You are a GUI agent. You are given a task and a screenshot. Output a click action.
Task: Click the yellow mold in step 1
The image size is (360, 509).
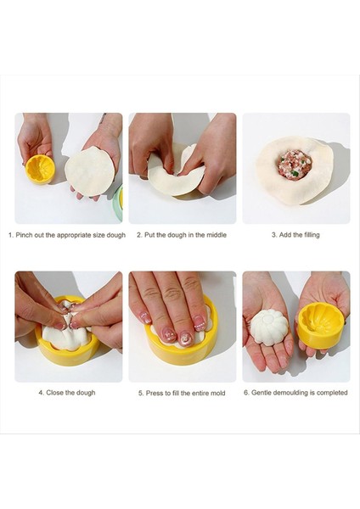pyautogui.click(x=40, y=170)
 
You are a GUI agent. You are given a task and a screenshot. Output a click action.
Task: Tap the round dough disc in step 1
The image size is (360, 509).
pyautogui.click(x=90, y=171)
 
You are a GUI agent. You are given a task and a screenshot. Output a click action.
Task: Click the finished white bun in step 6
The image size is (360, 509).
pyautogui.click(x=269, y=327)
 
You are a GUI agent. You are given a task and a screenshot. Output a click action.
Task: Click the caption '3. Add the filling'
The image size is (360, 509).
pyautogui.click(x=295, y=235)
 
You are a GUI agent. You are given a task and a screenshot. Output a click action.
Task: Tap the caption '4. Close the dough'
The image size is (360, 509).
pyautogui.click(x=67, y=393)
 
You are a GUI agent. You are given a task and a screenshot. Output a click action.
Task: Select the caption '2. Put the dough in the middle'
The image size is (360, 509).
pyautogui.click(x=182, y=235)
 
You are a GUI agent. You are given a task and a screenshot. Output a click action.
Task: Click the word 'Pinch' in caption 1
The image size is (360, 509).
pyautogui.click(x=24, y=235)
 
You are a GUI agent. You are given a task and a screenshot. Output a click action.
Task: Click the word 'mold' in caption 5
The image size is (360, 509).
pyautogui.click(x=217, y=393)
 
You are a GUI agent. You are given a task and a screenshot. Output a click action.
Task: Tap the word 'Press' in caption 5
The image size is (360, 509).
pyautogui.click(x=154, y=393)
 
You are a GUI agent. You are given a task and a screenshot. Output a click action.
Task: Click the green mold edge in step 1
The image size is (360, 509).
pyautogui.click(x=119, y=204)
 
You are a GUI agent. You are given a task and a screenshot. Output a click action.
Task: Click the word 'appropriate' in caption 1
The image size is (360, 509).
pyautogui.click(x=74, y=235)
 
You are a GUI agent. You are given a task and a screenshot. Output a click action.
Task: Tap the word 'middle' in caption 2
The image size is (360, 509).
pyautogui.click(x=216, y=235)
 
